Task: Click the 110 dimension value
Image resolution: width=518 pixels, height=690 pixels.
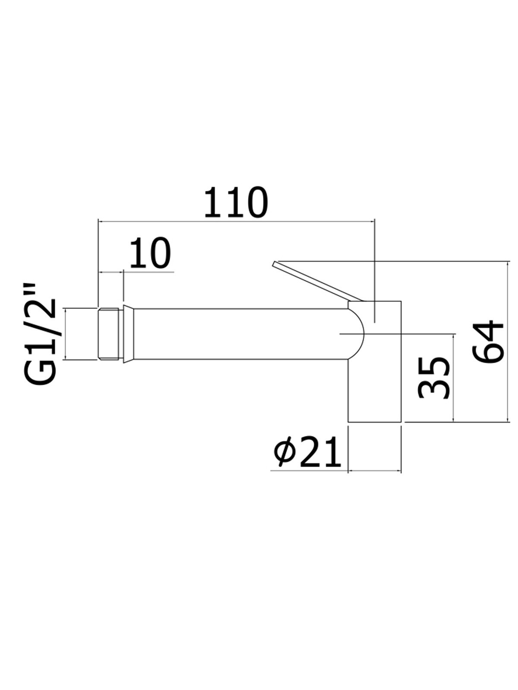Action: [236, 202]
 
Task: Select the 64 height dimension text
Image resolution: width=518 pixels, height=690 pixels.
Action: [488, 341]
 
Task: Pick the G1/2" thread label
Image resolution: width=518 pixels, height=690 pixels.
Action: [41, 334]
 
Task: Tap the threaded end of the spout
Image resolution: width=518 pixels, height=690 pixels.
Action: [108, 333]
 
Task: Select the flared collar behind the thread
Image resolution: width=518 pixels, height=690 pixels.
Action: [127, 334]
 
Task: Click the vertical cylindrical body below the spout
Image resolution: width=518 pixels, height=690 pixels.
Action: [375, 388]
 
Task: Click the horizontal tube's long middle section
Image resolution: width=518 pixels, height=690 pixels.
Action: [237, 333]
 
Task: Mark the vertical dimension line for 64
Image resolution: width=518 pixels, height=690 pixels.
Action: [506, 341]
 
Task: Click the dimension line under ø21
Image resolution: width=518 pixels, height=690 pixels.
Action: [375, 471]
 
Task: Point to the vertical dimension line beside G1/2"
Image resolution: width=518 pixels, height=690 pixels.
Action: [65, 334]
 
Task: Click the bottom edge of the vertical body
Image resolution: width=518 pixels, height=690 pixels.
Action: [375, 421]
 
